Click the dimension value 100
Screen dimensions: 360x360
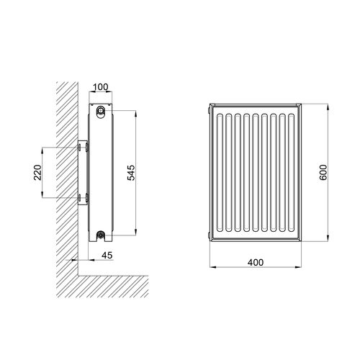(x=101, y=87)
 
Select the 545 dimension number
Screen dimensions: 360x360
(x=131, y=173)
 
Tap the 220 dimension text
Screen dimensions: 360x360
(x=37, y=172)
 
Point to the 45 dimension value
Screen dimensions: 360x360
(x=107, y=255)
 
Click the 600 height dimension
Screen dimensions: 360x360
(x=323, y=172)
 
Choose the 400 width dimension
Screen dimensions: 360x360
(x=256, y=262)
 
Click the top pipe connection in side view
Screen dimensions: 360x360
(x=100, y=111)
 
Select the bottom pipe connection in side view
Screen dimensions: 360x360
(x=100, y=234)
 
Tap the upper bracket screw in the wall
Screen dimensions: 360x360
(x=78, y=148)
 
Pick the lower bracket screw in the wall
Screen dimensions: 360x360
(x=78, y=197)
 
